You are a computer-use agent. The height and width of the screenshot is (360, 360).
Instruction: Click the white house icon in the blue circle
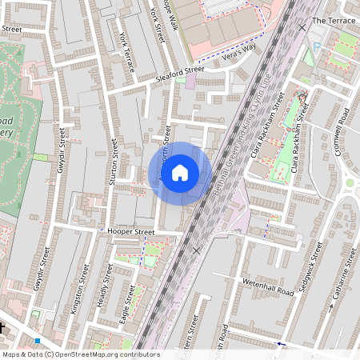coord(180,173)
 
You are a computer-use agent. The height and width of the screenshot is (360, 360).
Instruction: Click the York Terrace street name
coord(126,53)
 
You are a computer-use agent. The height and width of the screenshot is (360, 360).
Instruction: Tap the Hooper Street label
coord(130,232)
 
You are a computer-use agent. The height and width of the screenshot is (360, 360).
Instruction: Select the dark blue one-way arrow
coord(279,344)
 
